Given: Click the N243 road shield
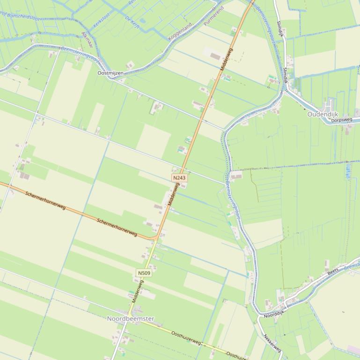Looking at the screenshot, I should point(179,178).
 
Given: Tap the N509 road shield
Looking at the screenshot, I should point(144,273).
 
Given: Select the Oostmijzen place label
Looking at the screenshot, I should point(110,73).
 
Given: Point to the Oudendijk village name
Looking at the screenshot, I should point(323,114).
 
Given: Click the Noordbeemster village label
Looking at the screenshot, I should point(130,318).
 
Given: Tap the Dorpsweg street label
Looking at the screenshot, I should point(341,120).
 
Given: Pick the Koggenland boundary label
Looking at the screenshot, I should point(180,31).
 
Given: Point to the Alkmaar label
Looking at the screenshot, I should point(87,40).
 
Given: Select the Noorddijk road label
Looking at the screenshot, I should point(274,314).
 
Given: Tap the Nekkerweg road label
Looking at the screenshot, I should point(272,343).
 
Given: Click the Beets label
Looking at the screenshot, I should point(333,271).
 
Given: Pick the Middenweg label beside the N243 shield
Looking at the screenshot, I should point(173,194).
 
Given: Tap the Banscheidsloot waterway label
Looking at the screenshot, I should point(19,16).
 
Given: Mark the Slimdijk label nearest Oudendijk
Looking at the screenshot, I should point(285,74).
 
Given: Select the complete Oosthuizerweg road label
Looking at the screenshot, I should point(187,338).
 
